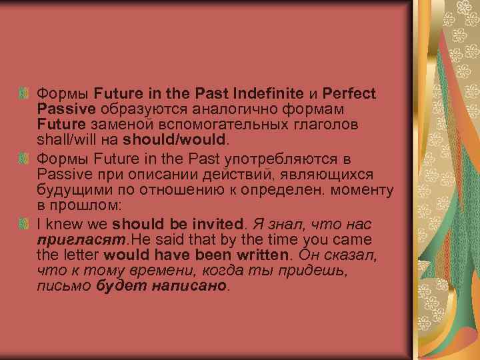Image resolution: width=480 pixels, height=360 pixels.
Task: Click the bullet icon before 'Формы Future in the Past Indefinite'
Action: point(26,92)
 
